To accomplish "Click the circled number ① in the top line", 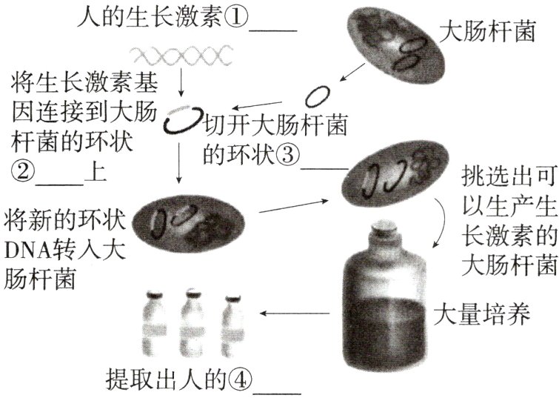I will (238, 17).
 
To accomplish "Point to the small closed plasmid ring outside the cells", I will (318, 96).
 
